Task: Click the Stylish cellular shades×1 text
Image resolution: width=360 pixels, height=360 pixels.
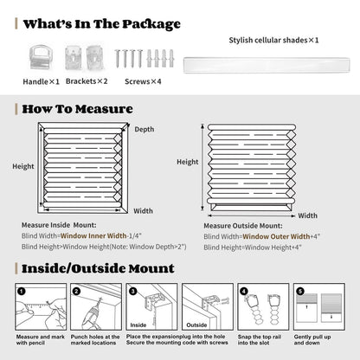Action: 273,40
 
